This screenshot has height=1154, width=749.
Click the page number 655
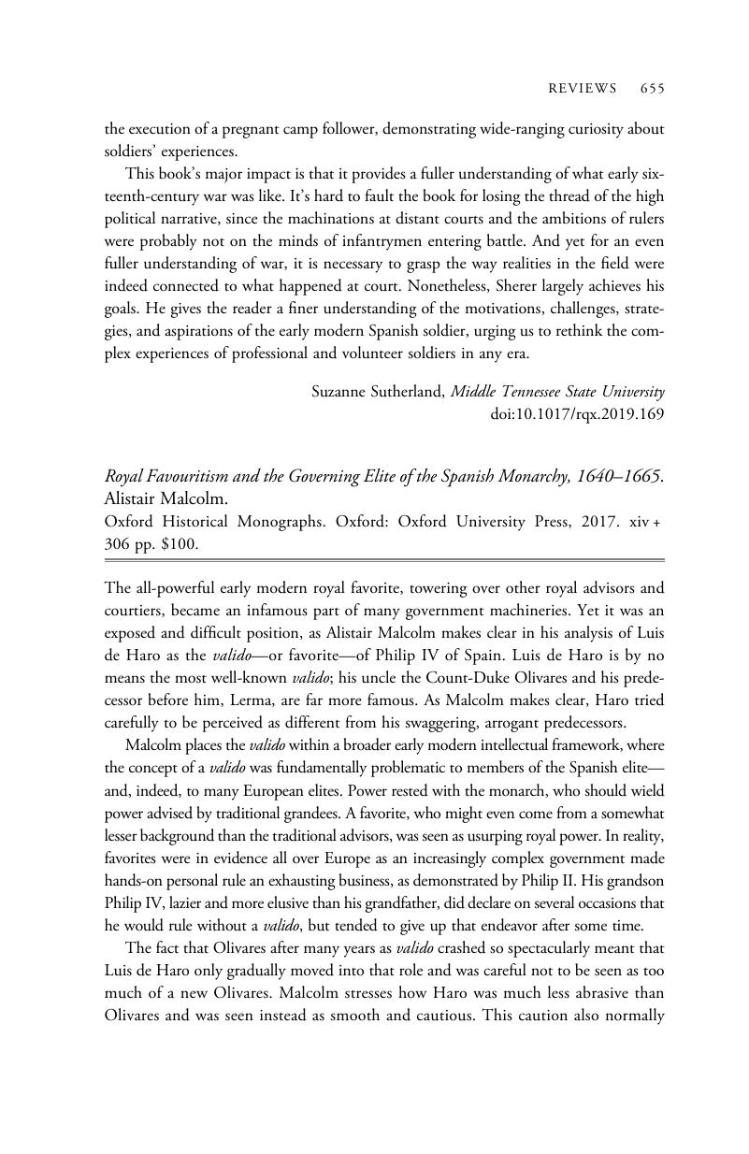tap(652, 89)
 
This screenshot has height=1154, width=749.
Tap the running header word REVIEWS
tap(582, 89)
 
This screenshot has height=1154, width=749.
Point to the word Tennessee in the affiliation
tap(531, 392)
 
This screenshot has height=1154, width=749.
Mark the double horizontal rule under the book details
tap(383, 560)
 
